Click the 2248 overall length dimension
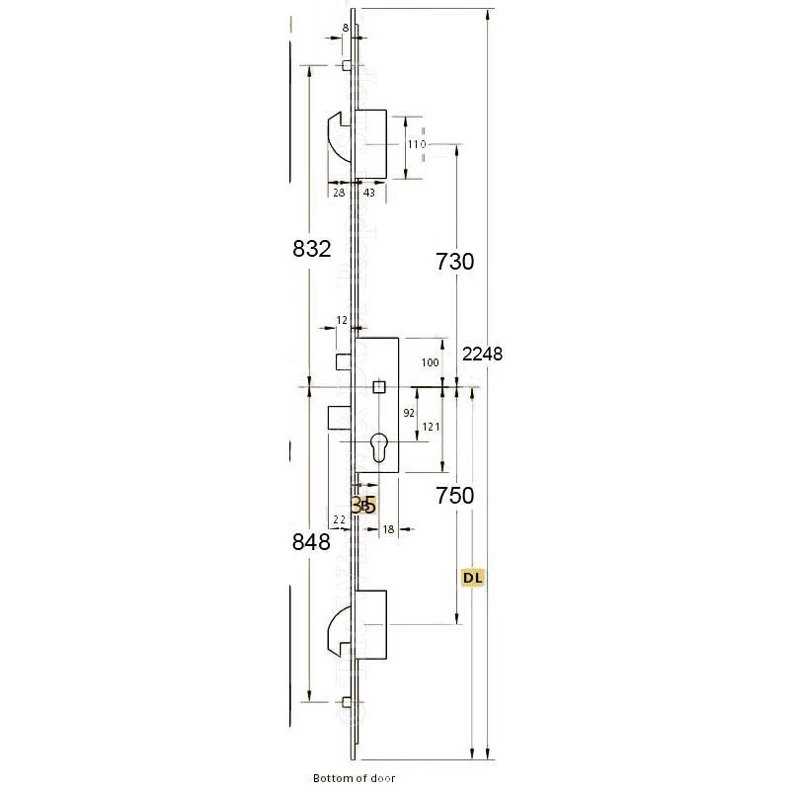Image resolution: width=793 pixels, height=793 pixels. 483,354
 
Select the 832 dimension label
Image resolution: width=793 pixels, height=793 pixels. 311,250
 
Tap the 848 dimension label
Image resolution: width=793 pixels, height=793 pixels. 311,540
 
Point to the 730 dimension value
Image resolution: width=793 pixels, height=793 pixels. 455,262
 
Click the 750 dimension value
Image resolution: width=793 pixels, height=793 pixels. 455,496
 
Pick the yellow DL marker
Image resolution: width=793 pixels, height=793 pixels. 475,577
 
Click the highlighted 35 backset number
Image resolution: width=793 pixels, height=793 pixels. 363,505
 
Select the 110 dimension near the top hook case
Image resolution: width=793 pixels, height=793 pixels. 416,144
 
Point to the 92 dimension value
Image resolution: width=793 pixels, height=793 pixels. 408,414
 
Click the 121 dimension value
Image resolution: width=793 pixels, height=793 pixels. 430,426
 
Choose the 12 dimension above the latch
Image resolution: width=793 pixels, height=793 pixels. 342,320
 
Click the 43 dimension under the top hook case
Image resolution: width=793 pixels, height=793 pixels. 368,193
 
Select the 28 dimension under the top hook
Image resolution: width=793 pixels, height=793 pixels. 338,193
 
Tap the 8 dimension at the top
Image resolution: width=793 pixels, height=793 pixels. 344,28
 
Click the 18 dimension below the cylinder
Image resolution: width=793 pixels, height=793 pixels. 388,529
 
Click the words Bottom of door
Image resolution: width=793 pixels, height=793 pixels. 354,778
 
